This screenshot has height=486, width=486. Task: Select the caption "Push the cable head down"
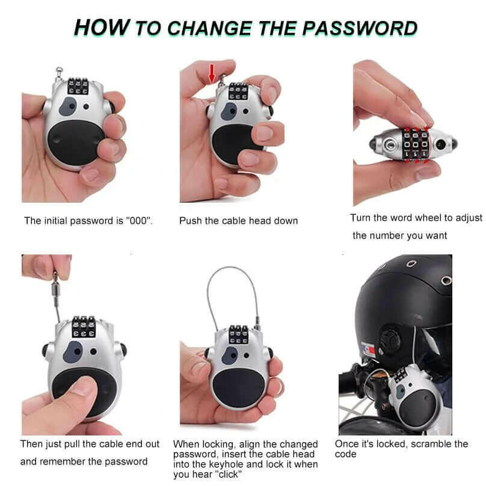(238, 221)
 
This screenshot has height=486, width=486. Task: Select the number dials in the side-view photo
(414, 145)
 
